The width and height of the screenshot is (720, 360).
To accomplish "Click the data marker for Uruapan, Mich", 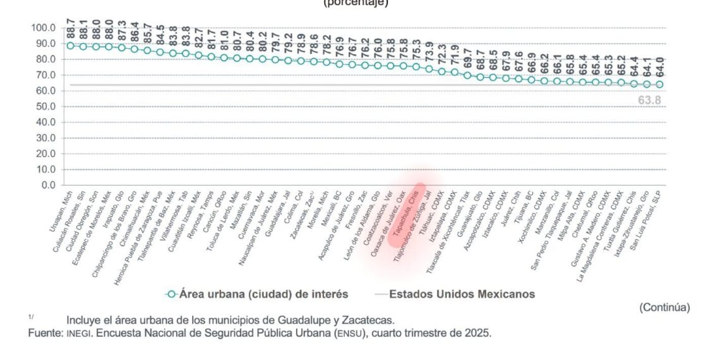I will tap(70, 45).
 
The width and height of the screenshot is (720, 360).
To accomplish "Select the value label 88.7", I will tap(70, 30).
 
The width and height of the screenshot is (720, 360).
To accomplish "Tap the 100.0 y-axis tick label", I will tap(43, 28).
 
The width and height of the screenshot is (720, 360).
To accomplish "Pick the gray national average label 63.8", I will tap(649, 99).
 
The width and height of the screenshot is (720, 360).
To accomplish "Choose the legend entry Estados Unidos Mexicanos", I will tap(462, 294).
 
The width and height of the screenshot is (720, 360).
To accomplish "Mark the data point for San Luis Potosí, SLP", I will tap(659, 85).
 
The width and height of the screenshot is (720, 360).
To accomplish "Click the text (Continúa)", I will tap(664, 308).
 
